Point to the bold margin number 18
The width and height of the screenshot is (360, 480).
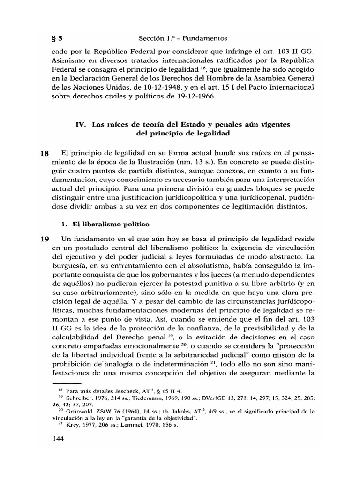pos(44,154)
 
